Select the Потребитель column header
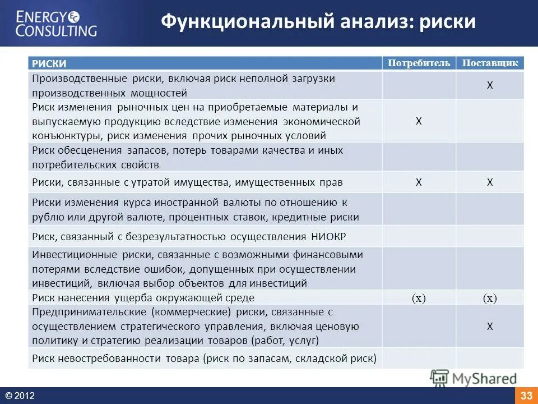(x=419, y=63)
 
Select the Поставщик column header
(x=490, y=63)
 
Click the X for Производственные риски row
(x=490, y=85)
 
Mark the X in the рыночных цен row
(x=419, y=121)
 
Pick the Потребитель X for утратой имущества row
(x=419, y=182)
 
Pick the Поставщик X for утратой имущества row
(x=490, y=182)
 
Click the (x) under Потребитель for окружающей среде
(x=419, y=299)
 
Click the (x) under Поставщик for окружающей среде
(x=490, y=299)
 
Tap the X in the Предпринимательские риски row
(x=490, y=326)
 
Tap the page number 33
(x=526, y=396)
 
